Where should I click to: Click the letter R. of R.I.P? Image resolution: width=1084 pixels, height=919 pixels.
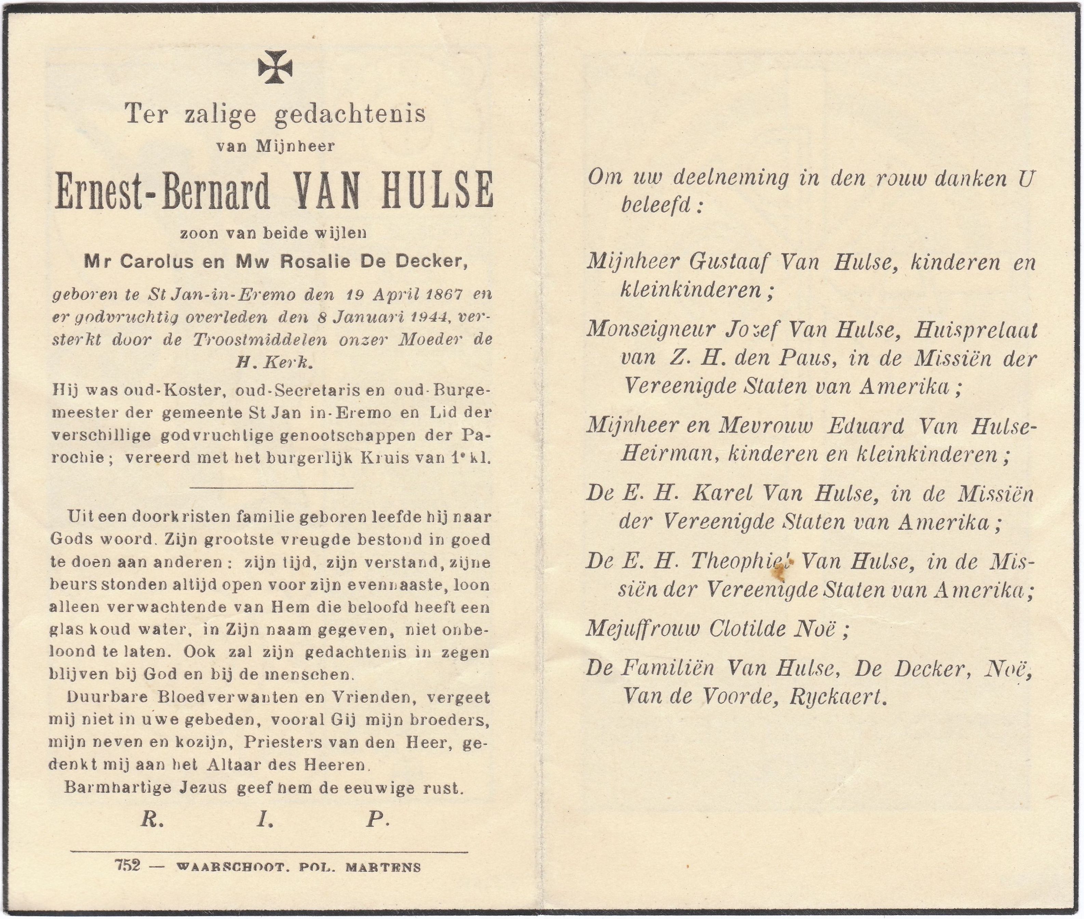(152, 821)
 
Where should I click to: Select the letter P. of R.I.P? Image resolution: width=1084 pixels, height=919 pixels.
(377, 821)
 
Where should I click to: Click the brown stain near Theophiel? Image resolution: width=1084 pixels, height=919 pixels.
(780, 572)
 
